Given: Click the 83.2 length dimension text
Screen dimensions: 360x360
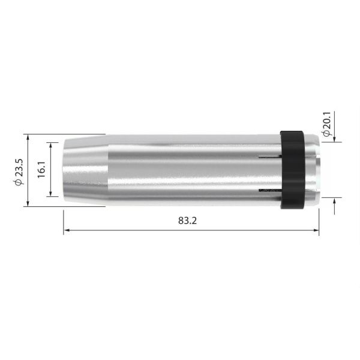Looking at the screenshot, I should (188, 220).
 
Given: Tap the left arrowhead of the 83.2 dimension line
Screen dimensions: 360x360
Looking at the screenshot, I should (67, 230).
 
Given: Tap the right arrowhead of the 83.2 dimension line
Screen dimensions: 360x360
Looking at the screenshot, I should (316, 230).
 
